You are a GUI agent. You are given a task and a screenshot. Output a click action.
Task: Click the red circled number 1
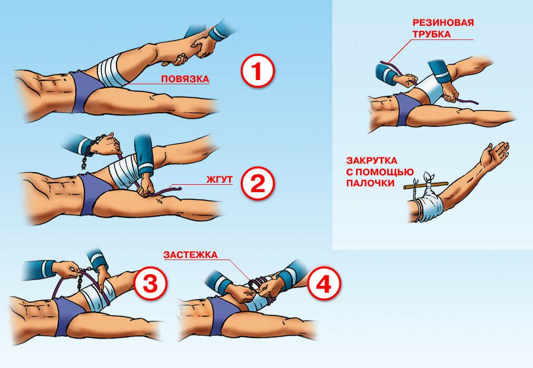coord(258,72)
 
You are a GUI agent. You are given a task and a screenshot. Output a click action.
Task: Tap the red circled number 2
coord(258,184)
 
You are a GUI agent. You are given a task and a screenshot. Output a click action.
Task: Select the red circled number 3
coord(150,283)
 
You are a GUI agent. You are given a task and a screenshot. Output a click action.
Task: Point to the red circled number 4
coord(324,283)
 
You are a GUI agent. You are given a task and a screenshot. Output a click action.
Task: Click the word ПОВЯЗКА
coord(185,79)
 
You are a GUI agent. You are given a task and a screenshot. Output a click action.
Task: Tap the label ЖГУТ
coord(219,179)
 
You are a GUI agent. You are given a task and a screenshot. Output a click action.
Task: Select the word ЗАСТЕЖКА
coord(190,255)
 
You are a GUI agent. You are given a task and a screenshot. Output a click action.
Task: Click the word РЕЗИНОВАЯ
coord(443,23)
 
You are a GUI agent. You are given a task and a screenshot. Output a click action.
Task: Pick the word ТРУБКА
coord(431,34)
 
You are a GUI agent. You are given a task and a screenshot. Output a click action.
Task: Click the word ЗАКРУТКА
coord(371,161)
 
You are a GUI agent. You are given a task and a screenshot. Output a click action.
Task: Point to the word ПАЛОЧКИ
coord(370,183)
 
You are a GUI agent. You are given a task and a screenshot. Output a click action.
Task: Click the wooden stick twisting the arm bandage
coord(426,185)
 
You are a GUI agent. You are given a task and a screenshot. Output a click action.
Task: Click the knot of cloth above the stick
coord(428,177)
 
